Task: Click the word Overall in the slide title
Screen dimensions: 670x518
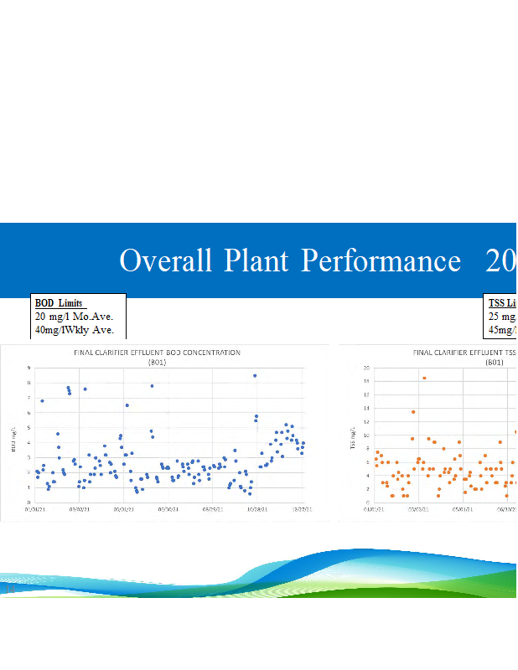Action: tap(165, 260)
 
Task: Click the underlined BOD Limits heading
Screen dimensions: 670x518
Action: tap(60, 302)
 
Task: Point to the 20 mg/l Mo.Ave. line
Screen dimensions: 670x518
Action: tap(74, 316)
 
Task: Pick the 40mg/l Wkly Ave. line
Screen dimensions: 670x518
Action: tap(74, 329)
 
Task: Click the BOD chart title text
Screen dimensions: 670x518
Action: tap(158, 353)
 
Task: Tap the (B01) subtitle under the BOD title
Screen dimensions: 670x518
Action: tap(158, 363)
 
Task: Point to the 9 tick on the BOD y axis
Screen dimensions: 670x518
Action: tap(30, 368)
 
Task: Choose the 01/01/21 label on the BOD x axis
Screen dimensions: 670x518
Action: tap(36, 508)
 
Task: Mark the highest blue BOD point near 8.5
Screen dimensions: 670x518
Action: tap(255, 375)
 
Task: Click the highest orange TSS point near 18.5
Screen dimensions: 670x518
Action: tap(424, 378)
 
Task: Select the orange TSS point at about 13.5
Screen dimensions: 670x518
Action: tap(413, 411)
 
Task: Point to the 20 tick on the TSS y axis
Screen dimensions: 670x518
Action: tap(366, 368)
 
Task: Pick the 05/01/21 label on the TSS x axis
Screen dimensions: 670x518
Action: tap(463, 508)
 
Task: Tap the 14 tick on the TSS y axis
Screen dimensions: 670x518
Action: tap(366, 408)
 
